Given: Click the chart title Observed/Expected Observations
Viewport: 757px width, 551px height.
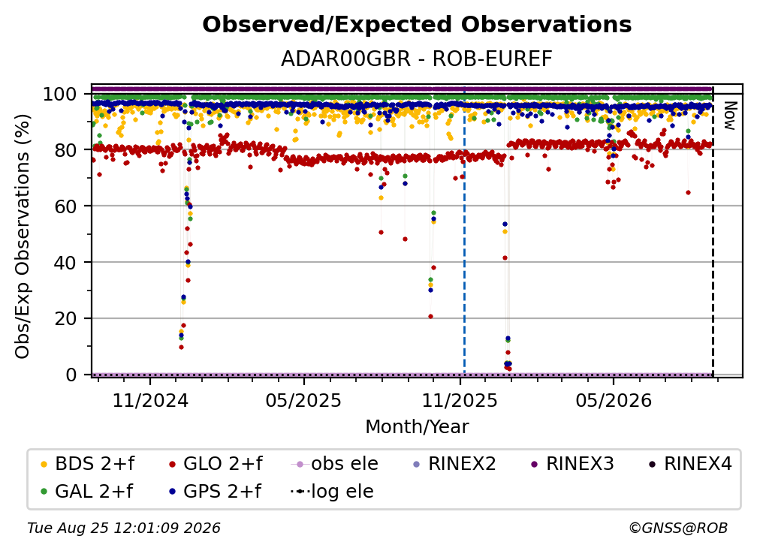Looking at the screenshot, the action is tap(417, 25).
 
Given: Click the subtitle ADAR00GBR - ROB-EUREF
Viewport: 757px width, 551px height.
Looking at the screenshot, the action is tap(417, 59).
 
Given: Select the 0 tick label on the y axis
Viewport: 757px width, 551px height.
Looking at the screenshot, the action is tap(71, 375).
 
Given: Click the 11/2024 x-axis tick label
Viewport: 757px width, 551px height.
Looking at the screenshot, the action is tap(150, 400).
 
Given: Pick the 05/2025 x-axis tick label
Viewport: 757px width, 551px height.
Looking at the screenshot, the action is tap(303, 400).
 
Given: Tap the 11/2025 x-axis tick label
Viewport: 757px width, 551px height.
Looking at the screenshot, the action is tap(460, 400).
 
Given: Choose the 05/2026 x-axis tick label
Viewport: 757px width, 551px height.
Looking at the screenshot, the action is tap(614, 400).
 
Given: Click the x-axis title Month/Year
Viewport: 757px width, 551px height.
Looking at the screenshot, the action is tap(417, 426).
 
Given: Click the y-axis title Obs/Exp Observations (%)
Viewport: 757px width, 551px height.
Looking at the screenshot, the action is tap(23, 236).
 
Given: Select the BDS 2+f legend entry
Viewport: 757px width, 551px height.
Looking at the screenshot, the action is tap(88, 464).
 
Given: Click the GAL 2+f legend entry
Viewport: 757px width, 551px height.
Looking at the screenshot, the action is tap(87, 491).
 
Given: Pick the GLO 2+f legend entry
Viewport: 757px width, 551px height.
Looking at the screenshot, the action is tap(216, 464).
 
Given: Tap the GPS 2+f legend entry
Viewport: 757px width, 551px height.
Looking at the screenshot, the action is tap(216, 491).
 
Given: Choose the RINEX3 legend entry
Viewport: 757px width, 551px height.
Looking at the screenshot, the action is tap(572, 464).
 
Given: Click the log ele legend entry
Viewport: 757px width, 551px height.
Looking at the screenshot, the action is tap(332, 491).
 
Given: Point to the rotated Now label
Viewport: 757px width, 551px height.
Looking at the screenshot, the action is tap(729, 116).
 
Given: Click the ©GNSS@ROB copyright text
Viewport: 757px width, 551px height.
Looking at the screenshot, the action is tap(678, 528).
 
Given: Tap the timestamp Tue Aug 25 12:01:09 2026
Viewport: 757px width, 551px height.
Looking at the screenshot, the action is tap(124, 528).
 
